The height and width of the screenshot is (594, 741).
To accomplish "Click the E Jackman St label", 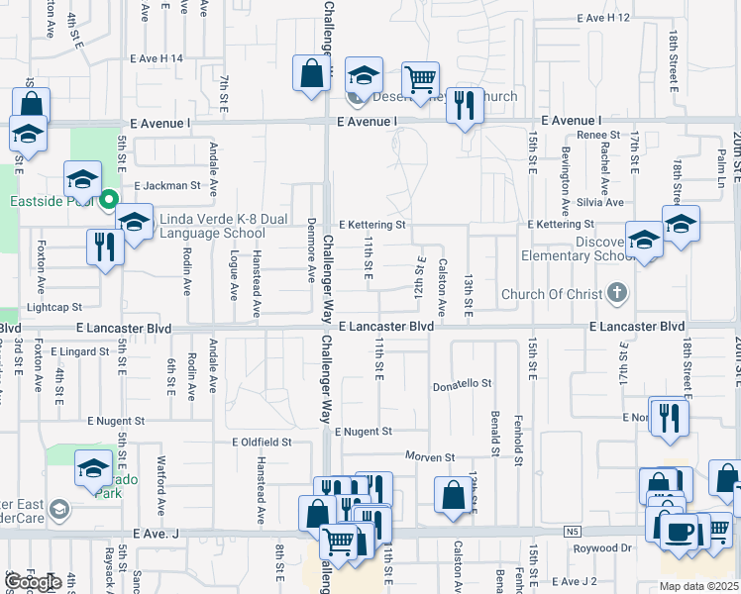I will pos(167,185).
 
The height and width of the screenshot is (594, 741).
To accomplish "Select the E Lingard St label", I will pos(75,351).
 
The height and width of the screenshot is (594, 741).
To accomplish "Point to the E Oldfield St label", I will pos(262,443).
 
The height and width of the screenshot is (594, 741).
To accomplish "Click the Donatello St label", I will pos(463,383).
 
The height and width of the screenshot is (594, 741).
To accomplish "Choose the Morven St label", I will pos(429,457).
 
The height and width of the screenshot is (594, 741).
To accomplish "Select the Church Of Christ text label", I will pos(552,294).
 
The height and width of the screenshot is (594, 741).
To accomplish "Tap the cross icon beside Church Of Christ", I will pos(617,292).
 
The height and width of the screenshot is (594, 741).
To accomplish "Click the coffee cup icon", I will pos(680,532).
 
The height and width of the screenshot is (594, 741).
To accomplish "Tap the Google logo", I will pos(35,582).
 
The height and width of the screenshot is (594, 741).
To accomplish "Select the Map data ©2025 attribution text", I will pos(699,586).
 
